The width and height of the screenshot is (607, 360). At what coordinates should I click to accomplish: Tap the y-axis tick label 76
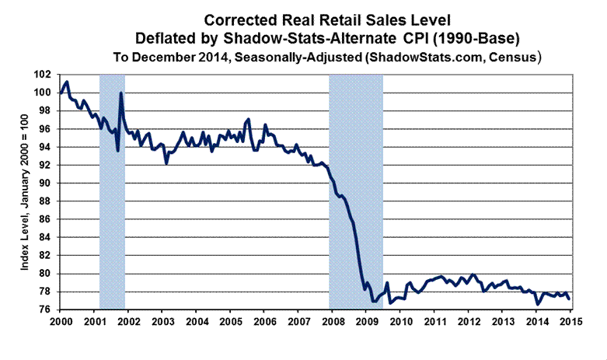click(x=49, y=309)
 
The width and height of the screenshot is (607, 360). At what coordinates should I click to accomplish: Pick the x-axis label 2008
click(x=332, y=322)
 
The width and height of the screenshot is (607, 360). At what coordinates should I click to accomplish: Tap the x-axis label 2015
click(x=570, y=322)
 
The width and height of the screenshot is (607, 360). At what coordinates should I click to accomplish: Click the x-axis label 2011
click(x=434, y=322)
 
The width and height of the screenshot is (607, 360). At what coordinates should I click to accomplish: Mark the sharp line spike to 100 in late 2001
click(x=121, y=93)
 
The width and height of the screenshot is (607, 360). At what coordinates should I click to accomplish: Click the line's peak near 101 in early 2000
click(x=68, y=82)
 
